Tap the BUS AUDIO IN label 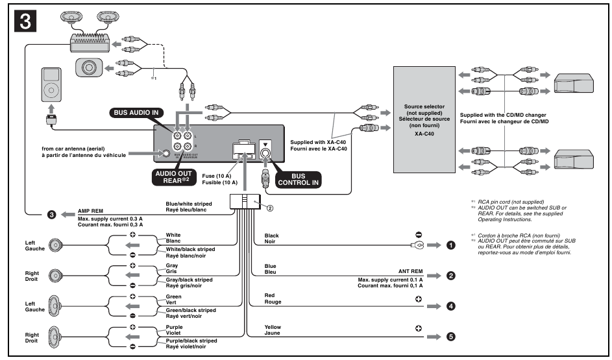(138, 112)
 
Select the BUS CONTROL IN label (299, 179)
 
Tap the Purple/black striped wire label (191, 341)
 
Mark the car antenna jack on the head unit (167, 154)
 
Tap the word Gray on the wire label (173, 265)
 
